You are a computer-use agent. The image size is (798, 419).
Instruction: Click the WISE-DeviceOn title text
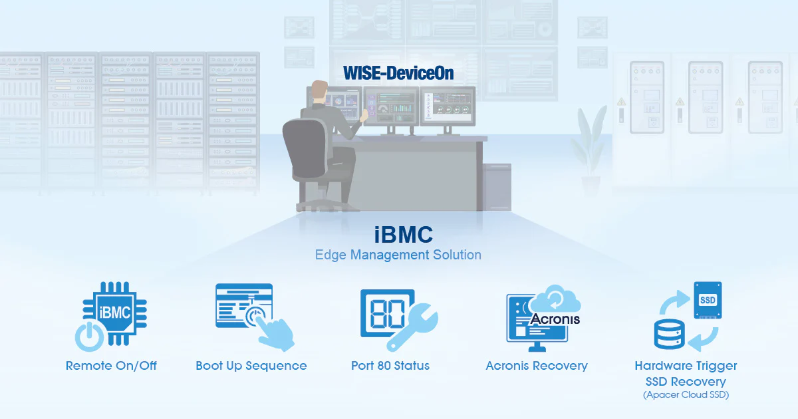tap(398, 73)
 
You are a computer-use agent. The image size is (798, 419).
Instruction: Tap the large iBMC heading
tap(404, 235)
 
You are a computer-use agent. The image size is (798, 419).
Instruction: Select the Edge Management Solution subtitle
tap(398, 255)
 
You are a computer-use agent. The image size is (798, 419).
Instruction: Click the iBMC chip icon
tap(114, 313)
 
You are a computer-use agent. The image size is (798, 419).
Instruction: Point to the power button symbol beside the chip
tap(89, 337)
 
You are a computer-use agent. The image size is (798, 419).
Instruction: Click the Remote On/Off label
tap(111, 366)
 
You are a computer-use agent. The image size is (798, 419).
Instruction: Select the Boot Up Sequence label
tap(251, 366)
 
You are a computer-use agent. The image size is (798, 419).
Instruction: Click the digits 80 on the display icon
tap(387, 314)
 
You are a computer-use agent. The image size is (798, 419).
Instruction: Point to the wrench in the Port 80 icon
tap(412, 327)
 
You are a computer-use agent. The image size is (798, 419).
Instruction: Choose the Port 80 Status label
tap(390, 366)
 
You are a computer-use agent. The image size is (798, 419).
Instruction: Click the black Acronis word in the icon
tap(555, 319)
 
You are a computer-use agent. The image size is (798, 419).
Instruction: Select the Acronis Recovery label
tap(537, 366)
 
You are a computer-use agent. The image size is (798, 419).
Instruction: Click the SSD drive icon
tap(708, 300)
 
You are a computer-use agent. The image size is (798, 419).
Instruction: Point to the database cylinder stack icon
tap(670, 334)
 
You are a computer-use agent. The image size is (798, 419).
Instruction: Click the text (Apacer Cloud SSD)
tap(686, 395)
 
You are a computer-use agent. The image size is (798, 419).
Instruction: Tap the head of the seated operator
tap(319, 90)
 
